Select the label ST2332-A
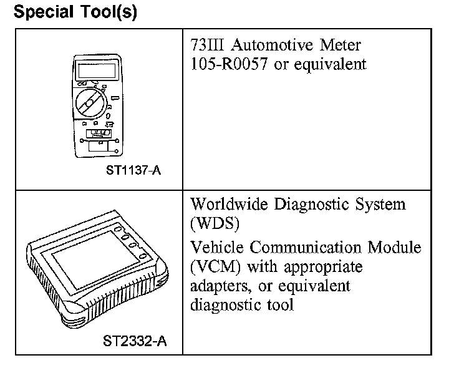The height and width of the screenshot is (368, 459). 135,341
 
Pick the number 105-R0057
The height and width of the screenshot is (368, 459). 228,64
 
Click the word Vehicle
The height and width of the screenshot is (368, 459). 215,248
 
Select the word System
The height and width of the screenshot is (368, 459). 376,205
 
